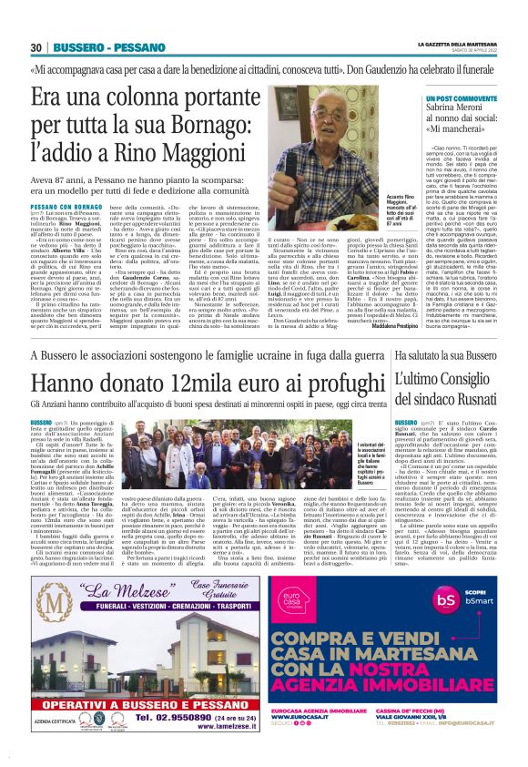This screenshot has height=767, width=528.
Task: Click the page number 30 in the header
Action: [36, 46]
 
